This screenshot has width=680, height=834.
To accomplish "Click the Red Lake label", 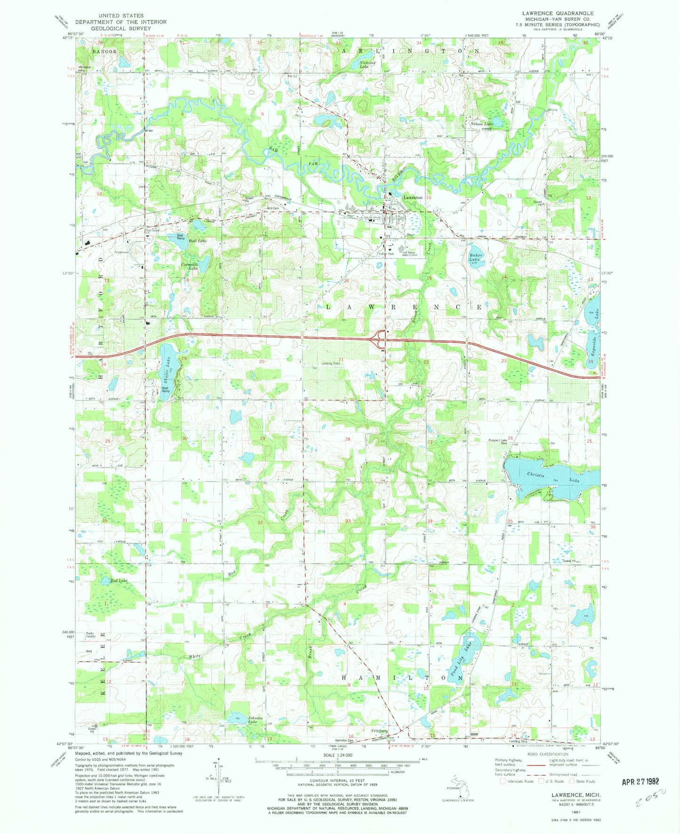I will click(119, 581).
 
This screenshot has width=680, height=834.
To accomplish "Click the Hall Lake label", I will click(197, 241).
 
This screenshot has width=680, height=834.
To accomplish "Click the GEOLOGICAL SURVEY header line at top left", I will click(111, 28).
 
